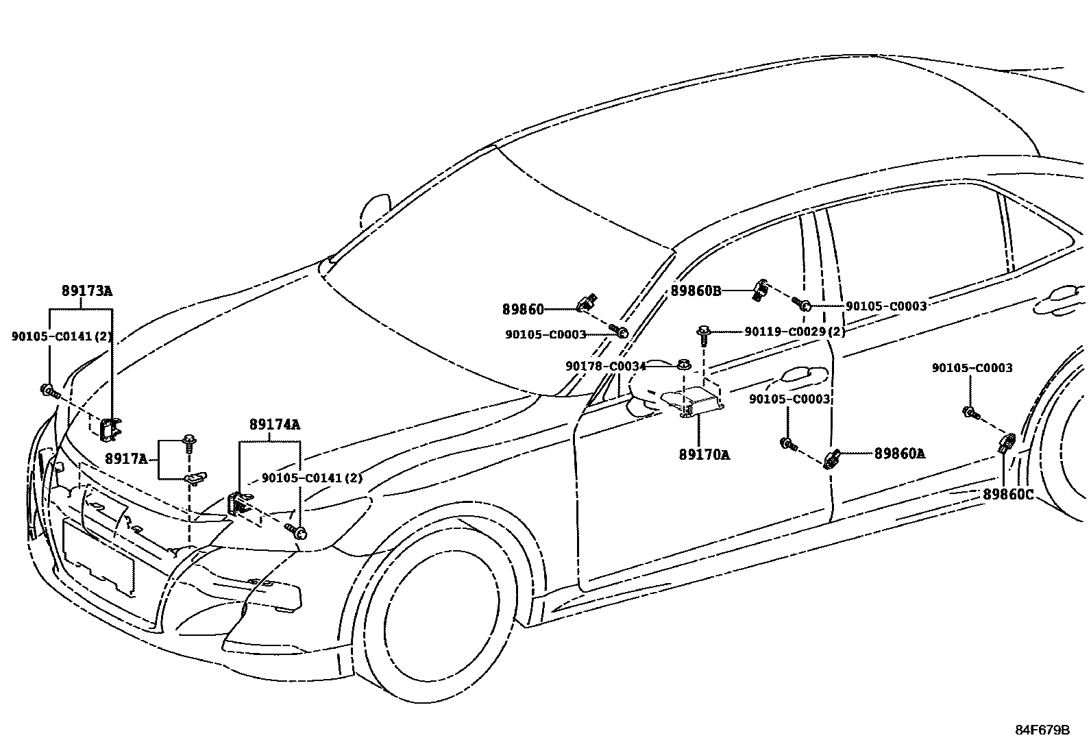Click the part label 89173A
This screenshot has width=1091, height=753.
pyautogui.click(x=86, y=291)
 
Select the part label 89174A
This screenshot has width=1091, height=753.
pyautogui.click(x=274, y=425)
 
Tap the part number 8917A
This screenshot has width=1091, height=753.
pyautogui.click(x=126, y=458)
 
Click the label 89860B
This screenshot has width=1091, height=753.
pyautogui.click(x=696, y=291)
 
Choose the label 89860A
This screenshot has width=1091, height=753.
pyautogui.click(x=899, y=453)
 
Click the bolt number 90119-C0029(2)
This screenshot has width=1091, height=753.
pyautogui.click(x=795, y=332)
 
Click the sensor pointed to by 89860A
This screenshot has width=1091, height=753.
pyautogui.click(x=832, y=458)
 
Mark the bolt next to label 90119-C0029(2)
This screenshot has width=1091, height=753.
pyautogui.click(x=704, y=336)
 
